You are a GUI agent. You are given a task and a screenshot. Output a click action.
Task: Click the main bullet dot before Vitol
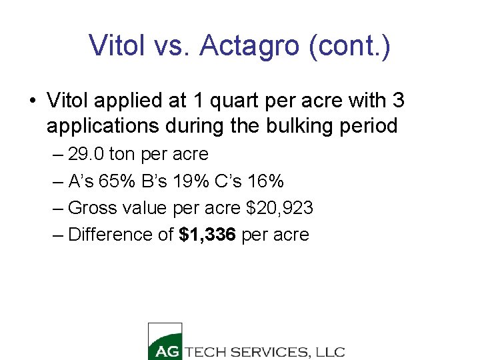pos(31,101)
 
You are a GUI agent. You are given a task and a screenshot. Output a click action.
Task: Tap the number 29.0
pos(86,155)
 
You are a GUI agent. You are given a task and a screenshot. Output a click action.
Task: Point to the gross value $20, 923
pos(279,208)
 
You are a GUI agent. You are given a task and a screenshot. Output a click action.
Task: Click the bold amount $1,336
pos(208,235)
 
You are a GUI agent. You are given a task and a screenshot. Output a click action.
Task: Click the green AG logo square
pos(164,341)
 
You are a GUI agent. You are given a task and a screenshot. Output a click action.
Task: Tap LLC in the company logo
pos(331,352)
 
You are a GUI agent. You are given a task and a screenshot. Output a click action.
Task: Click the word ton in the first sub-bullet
pos(122,155)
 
